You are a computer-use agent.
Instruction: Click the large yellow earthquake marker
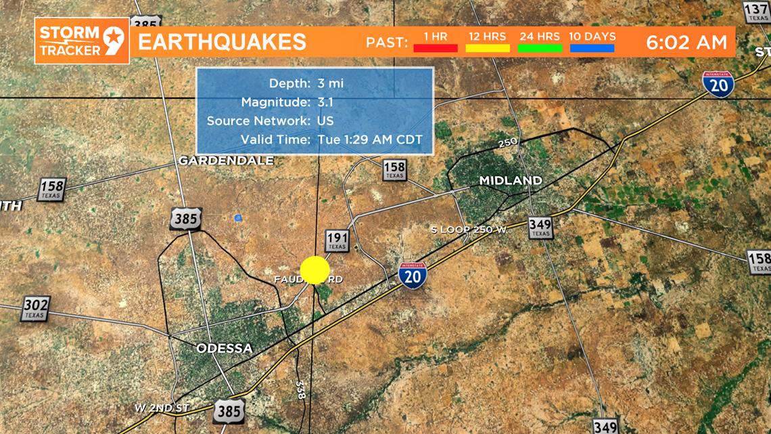[x=314, y=269]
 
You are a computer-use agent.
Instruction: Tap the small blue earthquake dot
[x=238, y=218]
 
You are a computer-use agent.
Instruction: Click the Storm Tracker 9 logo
[x=82, y=41]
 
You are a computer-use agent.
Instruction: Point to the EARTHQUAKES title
[x=223, y=42]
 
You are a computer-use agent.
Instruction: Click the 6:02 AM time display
[x=686, y=42]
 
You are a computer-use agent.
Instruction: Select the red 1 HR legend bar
[x=435, y=48]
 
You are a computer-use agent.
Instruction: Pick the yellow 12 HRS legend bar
[x=487, y=48]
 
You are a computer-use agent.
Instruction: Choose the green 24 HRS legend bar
[x=540, y=48]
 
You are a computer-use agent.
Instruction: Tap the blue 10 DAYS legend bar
[x=592, y=48]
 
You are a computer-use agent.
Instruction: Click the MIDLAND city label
[x=511, y=181]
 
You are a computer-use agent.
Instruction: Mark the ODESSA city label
[x=225, y=349]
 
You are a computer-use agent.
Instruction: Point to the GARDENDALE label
[x=226, y=160]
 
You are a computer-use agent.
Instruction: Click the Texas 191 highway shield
[x=337, y=240]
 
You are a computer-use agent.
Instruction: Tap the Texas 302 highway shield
[x=35, y=308]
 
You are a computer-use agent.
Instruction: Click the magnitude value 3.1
[x=325, y=102]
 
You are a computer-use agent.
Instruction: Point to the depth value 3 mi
[x=331, y=83]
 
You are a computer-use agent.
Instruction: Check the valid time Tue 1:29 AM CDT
[x=370, y=139]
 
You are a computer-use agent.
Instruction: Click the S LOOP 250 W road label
[x=469, y=230]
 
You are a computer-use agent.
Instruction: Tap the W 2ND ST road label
[x=162, y=408]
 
